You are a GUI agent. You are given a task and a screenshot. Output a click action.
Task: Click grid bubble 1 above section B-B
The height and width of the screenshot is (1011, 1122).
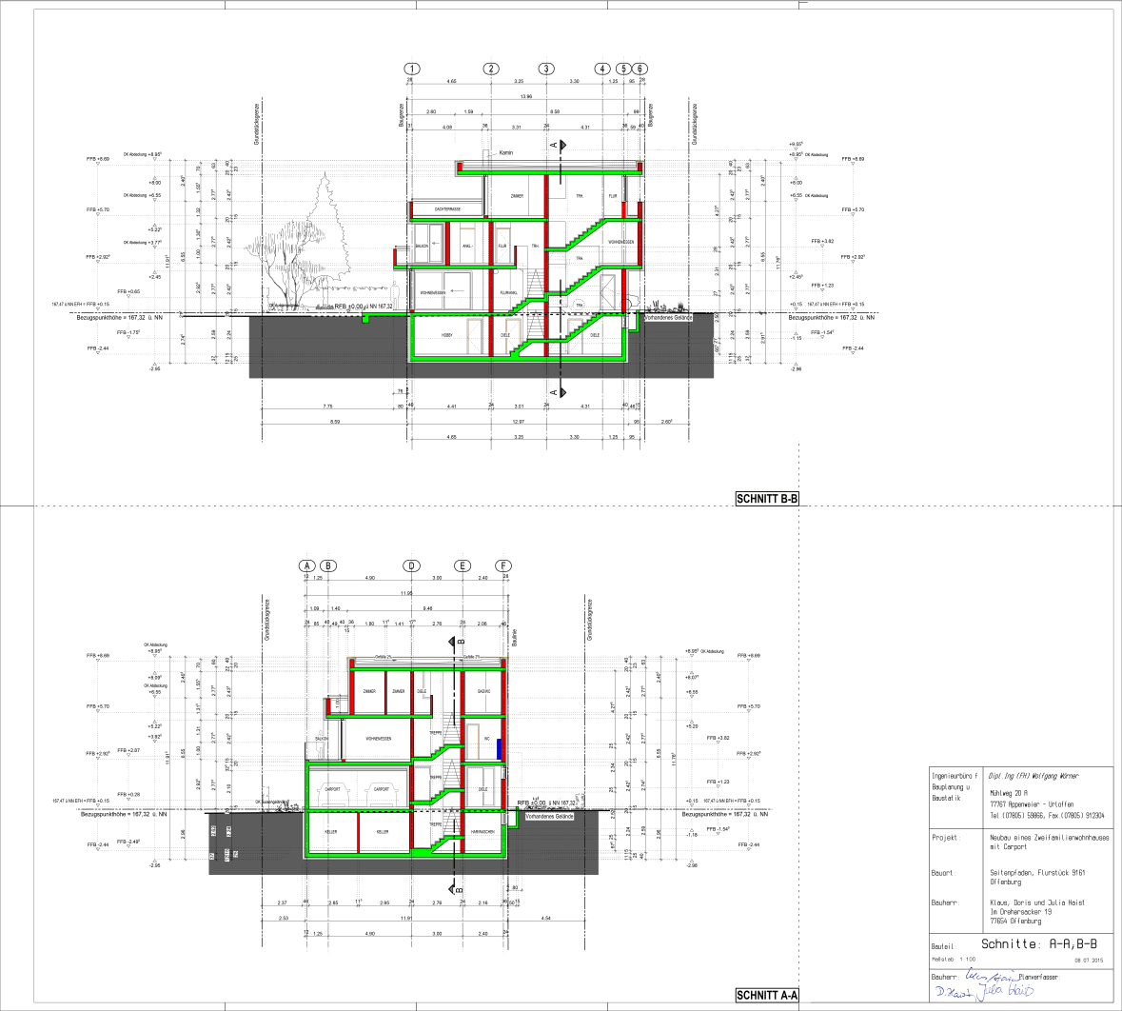pyautogui.click(x=411, y=69)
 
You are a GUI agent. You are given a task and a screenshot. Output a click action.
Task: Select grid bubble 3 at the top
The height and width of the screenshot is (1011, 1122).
pyautogui.click(x=545, y=69)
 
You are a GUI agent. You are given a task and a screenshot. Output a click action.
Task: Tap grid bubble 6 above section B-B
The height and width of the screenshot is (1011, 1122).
pyautogui.click(x=641, y=69)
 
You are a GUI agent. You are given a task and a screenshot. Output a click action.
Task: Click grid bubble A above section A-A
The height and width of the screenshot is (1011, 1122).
pyautogui.click(x=307, y=565)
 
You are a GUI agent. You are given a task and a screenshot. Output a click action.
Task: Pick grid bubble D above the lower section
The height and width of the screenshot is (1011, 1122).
pyautogui.click(x=411, y=565)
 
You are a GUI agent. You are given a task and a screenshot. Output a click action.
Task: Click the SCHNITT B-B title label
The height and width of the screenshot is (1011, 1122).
pyautogui.click(x=767, y=498)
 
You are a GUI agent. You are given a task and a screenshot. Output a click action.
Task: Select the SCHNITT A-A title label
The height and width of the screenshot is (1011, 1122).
pyautogui.click(x=767, y=996)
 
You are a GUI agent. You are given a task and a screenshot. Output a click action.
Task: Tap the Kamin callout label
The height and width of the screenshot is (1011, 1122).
pyautogui.click(x=505, y=152)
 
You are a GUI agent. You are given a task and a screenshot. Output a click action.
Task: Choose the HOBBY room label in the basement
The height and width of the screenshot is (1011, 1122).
pyautogui.click(x=446, y=336)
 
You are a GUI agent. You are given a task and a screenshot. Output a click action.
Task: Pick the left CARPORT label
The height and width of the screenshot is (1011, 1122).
pyautogui.click(x=333, y=790)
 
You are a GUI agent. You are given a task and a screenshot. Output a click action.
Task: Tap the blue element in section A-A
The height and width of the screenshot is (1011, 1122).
pyautogui.click(x=498, y=748)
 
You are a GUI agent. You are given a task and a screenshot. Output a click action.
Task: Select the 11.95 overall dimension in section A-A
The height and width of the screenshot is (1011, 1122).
pyautogui.click(x=406, y=593)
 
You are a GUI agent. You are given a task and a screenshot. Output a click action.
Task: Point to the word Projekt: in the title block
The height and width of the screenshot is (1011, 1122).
pyautogui.click(x=945, y=838)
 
